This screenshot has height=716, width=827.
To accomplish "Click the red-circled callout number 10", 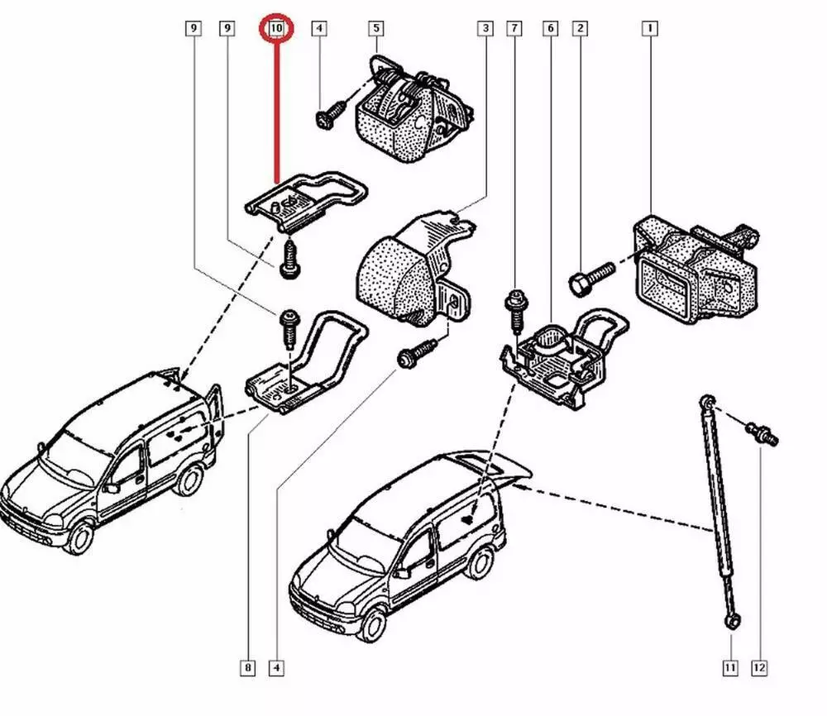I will (277, 29).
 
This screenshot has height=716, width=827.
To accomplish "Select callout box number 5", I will (375, 29).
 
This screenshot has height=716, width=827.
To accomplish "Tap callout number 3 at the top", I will (485, 29).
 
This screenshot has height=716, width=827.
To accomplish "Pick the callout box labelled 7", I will (514, 29).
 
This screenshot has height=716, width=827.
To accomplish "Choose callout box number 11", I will (729, 666).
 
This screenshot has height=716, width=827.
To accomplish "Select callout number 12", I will (759, 666).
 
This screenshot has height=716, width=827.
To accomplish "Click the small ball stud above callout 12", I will (761, 432).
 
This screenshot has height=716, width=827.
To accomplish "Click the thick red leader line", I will (277, 107).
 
